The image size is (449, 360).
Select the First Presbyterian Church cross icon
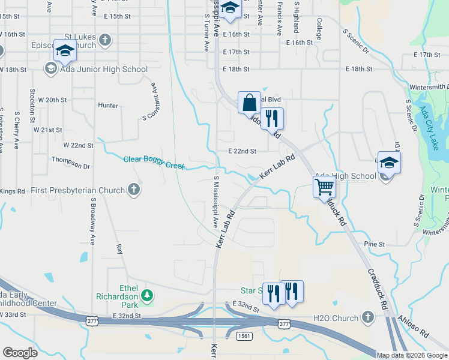click(x=134, y=190)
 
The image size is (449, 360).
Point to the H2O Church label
click(x=335, y=317)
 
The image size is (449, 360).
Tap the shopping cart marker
click(x=324, y=187)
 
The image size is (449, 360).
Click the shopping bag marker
click(x=249, y=103)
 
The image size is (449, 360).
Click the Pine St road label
click(x=374, y=244)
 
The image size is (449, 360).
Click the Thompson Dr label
click(x=70, y=159)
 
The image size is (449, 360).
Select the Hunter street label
click(x=108, y=106)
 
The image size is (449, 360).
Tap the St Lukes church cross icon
click(x=105, y=40)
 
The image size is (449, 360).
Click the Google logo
click(x=20, y=353)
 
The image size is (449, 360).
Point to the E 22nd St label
click(x=242, y=151)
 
